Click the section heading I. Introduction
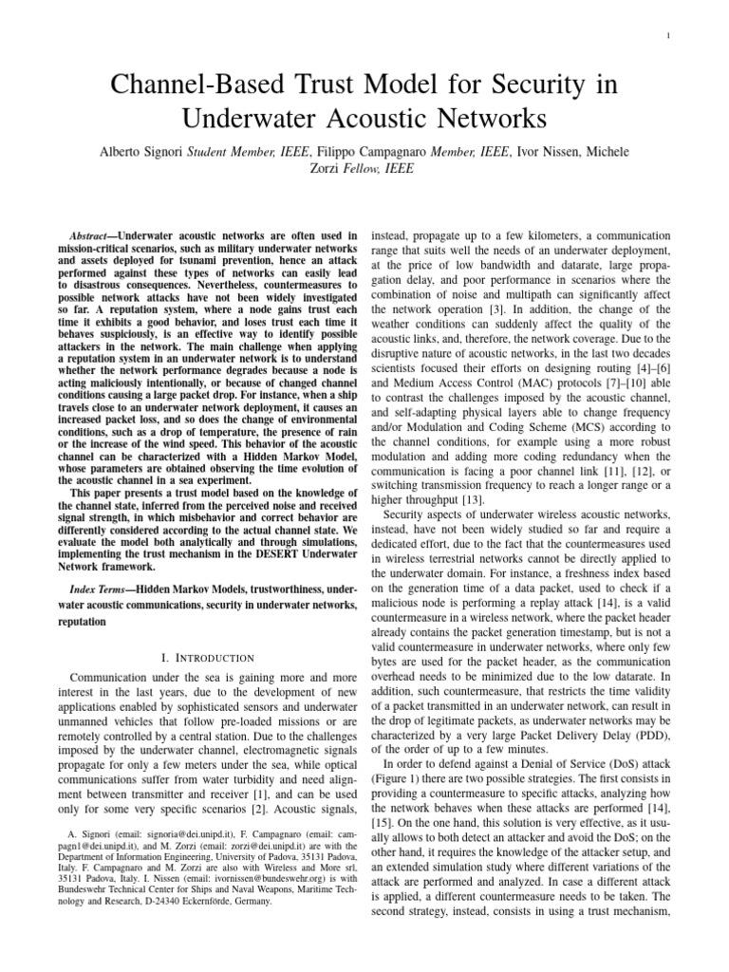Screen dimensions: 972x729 (205, 658)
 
